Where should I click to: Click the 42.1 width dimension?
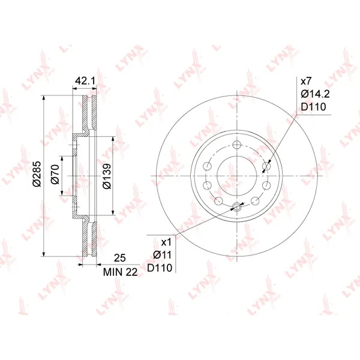pyautogui.click(x=85, y=81)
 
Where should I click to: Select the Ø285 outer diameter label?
pyautogui.click(x=37, y=174)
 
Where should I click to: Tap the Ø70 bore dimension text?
pyautogui.click(x=55, y=175)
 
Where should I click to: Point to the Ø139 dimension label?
pyautogui.click(x=107, y=176)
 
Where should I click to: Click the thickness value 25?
pyautogui.click(x=120, y=258)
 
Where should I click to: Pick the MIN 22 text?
pyautogui.click(x=121, y=272)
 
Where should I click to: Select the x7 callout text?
pyautogui.click(x=306, y=81)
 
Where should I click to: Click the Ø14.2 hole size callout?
pyautogui.click(x=315, y=94)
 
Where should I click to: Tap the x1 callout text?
pyautogui.click(x=166, y=242)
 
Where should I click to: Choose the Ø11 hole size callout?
pyautogui.click(x=163, y=255)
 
